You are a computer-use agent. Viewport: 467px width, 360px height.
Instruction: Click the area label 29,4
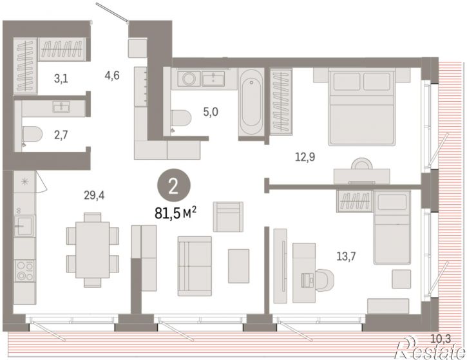94,196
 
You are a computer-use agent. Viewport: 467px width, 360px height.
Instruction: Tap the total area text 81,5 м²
175,213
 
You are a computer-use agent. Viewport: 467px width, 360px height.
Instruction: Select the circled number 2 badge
174,185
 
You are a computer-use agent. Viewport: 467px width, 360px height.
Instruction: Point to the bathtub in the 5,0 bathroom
251,104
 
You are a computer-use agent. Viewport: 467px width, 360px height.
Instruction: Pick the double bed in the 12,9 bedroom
362,107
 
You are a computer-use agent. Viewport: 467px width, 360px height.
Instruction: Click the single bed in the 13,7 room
392,227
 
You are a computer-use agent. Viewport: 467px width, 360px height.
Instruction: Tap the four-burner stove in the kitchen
25,270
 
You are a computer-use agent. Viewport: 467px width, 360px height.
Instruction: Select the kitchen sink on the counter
24,225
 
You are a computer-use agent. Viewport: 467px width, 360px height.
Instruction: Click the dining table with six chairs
92,250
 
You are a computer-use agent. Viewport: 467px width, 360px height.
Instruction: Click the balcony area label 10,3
441,339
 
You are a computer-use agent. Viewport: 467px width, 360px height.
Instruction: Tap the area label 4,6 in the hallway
112,75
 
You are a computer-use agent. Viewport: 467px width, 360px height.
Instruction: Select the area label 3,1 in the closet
61,79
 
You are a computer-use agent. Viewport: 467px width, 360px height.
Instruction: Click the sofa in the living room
195,266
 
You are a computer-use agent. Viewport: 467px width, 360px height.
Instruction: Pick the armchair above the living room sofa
228,217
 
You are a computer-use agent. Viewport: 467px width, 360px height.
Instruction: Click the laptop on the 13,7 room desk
308,280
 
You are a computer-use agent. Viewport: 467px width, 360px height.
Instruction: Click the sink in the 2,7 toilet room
61,107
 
